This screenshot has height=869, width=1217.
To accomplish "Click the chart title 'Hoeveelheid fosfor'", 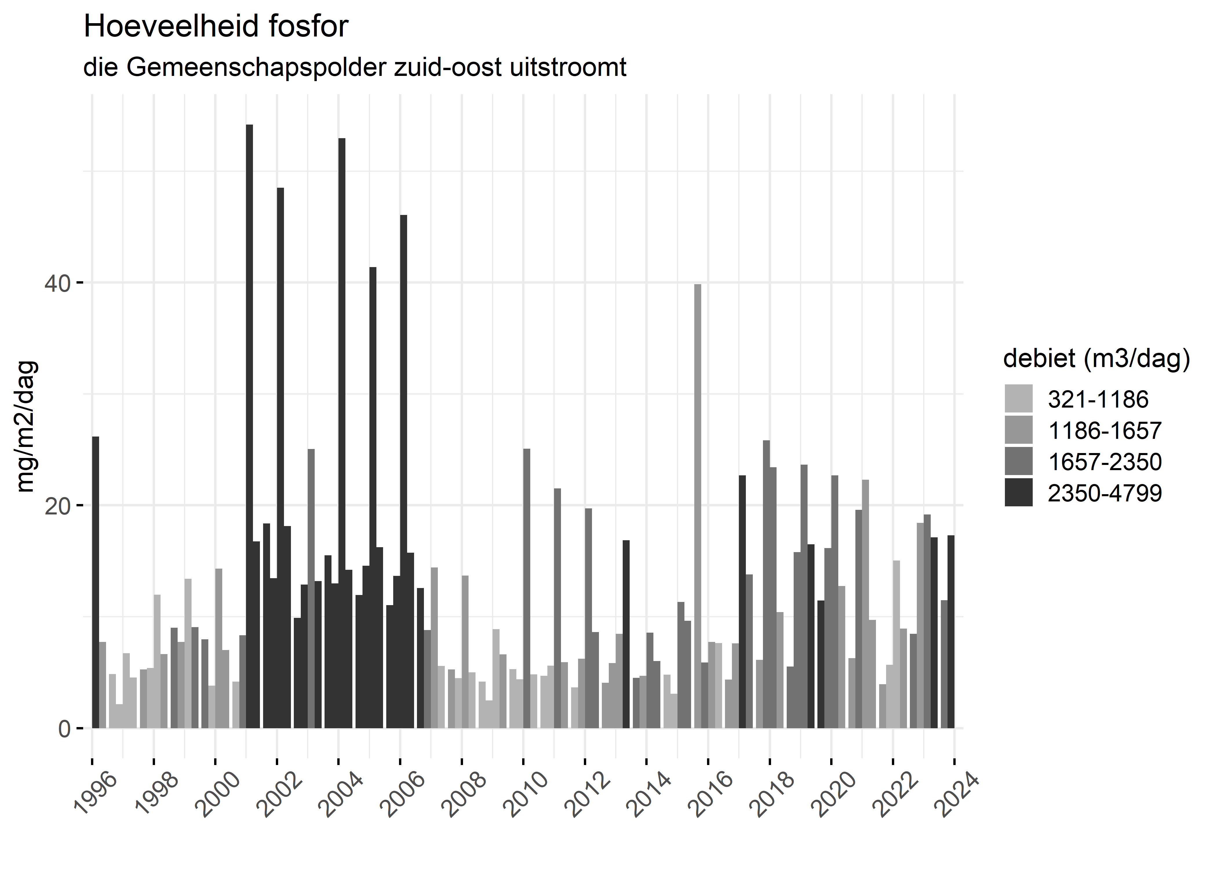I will [216, 27].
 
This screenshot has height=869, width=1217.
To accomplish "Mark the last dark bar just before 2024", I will [951, 631].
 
